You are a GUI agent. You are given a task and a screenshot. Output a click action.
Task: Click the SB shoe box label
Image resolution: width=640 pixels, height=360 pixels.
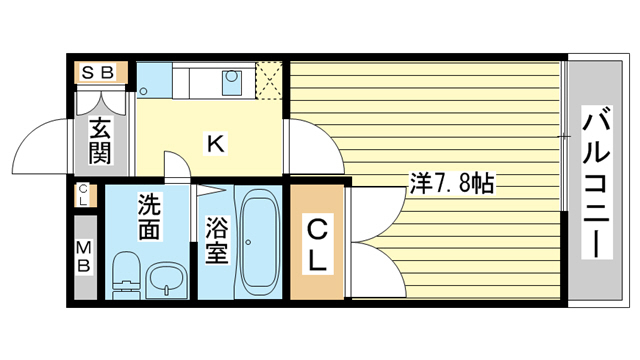click(x=98, y=72)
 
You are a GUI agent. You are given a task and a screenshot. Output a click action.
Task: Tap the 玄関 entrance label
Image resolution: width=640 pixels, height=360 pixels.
click(x=99, y=140)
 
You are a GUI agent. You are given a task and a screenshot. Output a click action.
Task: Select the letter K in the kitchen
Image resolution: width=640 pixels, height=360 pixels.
click(x=214, y=144)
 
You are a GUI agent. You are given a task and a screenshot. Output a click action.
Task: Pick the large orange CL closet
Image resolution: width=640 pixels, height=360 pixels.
click(x=316, y=245)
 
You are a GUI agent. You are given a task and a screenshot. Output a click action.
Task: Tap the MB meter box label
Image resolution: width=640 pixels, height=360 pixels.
click(x=84, y=257)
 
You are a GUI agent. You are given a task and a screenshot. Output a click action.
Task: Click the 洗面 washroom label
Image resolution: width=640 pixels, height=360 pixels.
click(x=149, y=215)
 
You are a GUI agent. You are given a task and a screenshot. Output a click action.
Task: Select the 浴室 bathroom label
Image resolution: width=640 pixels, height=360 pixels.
click(x=215, y=240)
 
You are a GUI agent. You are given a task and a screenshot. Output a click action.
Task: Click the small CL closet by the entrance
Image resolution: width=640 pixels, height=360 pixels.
click(x=83, y=195)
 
